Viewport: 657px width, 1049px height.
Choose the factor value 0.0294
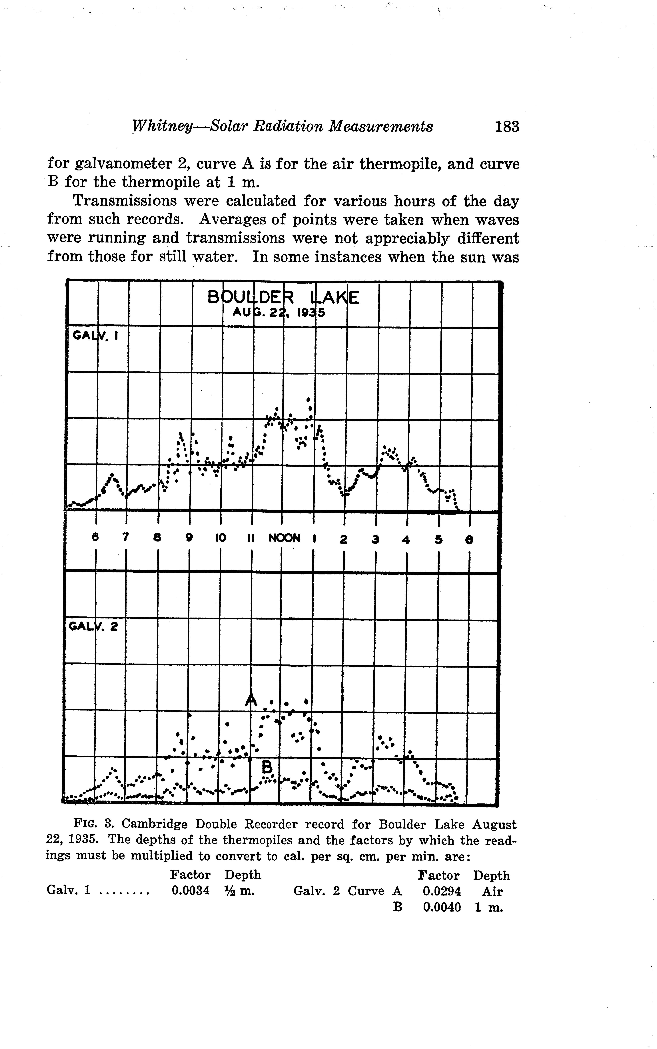point(441,891)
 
